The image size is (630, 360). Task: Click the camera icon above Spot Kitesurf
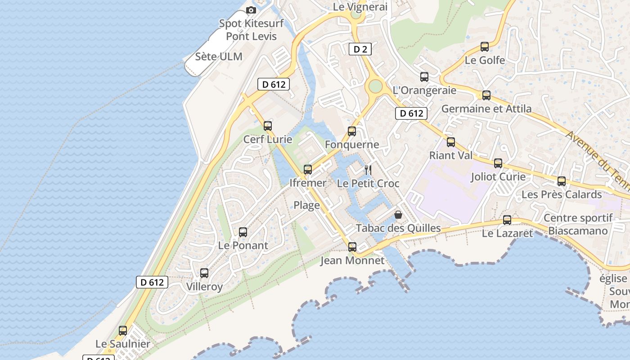tap(251, 10)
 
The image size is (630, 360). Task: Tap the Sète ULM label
tap(219, 57)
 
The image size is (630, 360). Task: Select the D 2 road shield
tap(360, 49)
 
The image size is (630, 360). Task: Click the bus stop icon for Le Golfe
tap(485, 46)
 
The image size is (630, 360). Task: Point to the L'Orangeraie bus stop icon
tap(424, 76)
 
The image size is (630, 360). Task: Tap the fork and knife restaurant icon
tap(368, 170)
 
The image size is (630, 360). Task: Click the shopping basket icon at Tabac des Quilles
tap(398, 215)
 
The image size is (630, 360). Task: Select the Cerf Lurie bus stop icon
tap(268, 126)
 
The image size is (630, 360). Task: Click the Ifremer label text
tap(308, 183)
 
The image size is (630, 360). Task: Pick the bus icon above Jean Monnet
tap(352, 247)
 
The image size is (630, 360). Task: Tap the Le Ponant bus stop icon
tap(243, 232)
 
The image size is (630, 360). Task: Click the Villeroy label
tap(204, 287)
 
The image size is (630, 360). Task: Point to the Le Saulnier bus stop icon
tap(123, 331)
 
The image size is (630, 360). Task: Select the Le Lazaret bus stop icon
tap(507, 220)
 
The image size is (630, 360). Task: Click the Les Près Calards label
tap(561, 194)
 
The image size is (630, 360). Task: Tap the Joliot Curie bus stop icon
tap(498, 163)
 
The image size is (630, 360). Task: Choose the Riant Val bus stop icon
tap(451, 142)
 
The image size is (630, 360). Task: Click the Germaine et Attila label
tap(486, 108)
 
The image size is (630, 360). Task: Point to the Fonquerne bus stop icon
tap(352, 131)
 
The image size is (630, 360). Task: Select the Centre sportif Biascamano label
tap(578, 225)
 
